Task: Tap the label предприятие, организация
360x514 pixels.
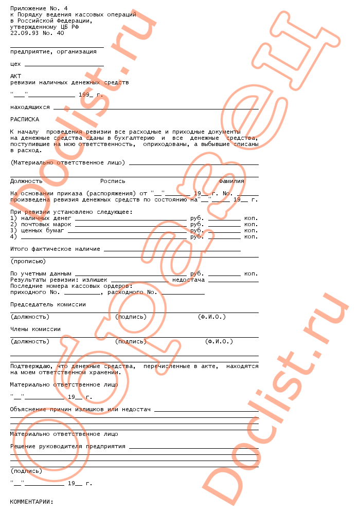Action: tap(53, 51)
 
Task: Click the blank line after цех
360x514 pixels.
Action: tap(64, 65)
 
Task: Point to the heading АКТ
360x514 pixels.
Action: tap(15, 76)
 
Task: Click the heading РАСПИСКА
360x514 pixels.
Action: tap(25, 119)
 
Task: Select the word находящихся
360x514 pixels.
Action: tap(30, 107)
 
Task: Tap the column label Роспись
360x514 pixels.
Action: tap(113, 181)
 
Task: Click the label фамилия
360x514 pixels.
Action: tap(231, 181)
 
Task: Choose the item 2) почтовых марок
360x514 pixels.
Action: tap(37, 225)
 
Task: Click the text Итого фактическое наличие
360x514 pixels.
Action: tap(55, 249)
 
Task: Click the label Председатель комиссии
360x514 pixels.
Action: tap(48, 305)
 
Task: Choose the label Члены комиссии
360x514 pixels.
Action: tap(35, 329)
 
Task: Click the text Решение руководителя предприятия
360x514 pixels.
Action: tap(68, 447)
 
